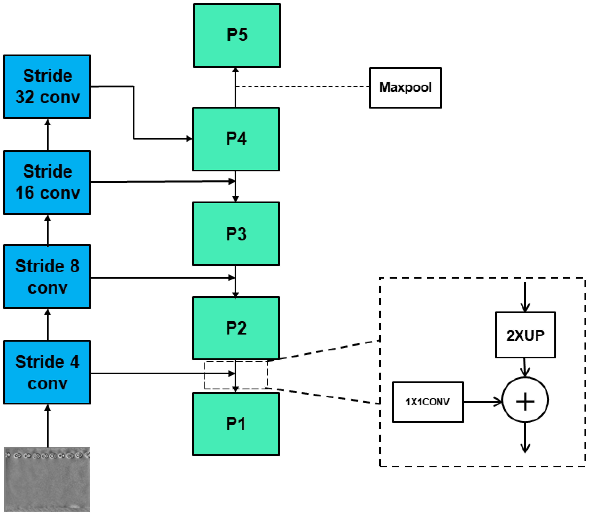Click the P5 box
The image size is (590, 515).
click(x=237, y=35)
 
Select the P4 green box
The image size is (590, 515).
click(x=236, y=139)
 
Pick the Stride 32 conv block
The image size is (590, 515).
click(x=47, y=87)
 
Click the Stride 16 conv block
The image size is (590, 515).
click(x=47, y=182)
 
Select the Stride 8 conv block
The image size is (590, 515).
click(x=47, y=276)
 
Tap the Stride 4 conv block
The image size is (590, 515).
click(x=47, y=372)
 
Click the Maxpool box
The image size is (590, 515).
click(x=405, y=88)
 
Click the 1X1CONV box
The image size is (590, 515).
click(x=428, y=402)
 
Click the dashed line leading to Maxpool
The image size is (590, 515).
click(x=302, y=87)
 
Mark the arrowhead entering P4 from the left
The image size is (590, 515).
click(x=189, y=139)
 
